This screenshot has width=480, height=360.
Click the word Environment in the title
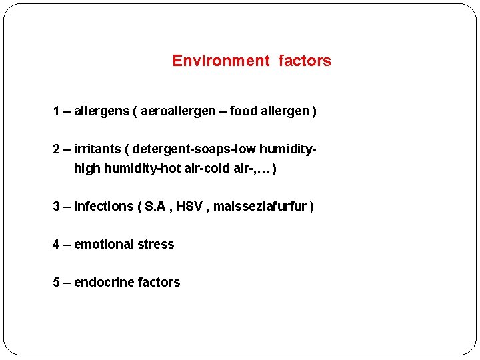pyautogui.click(x=220, y=61)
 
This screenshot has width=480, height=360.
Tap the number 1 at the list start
pyautogui.click(x=56, y=111)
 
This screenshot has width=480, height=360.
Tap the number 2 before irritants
pyautogui.click(x=57, y=149)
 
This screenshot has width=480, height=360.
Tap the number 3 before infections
pyautogui.click(x=57, y=207)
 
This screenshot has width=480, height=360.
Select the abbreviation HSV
pyautogui.click(x=189, y=207)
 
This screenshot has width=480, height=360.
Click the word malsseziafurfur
pyautogui.click(x=260, y=207)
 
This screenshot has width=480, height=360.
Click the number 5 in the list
pyautogui.click(x=57, y=283)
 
